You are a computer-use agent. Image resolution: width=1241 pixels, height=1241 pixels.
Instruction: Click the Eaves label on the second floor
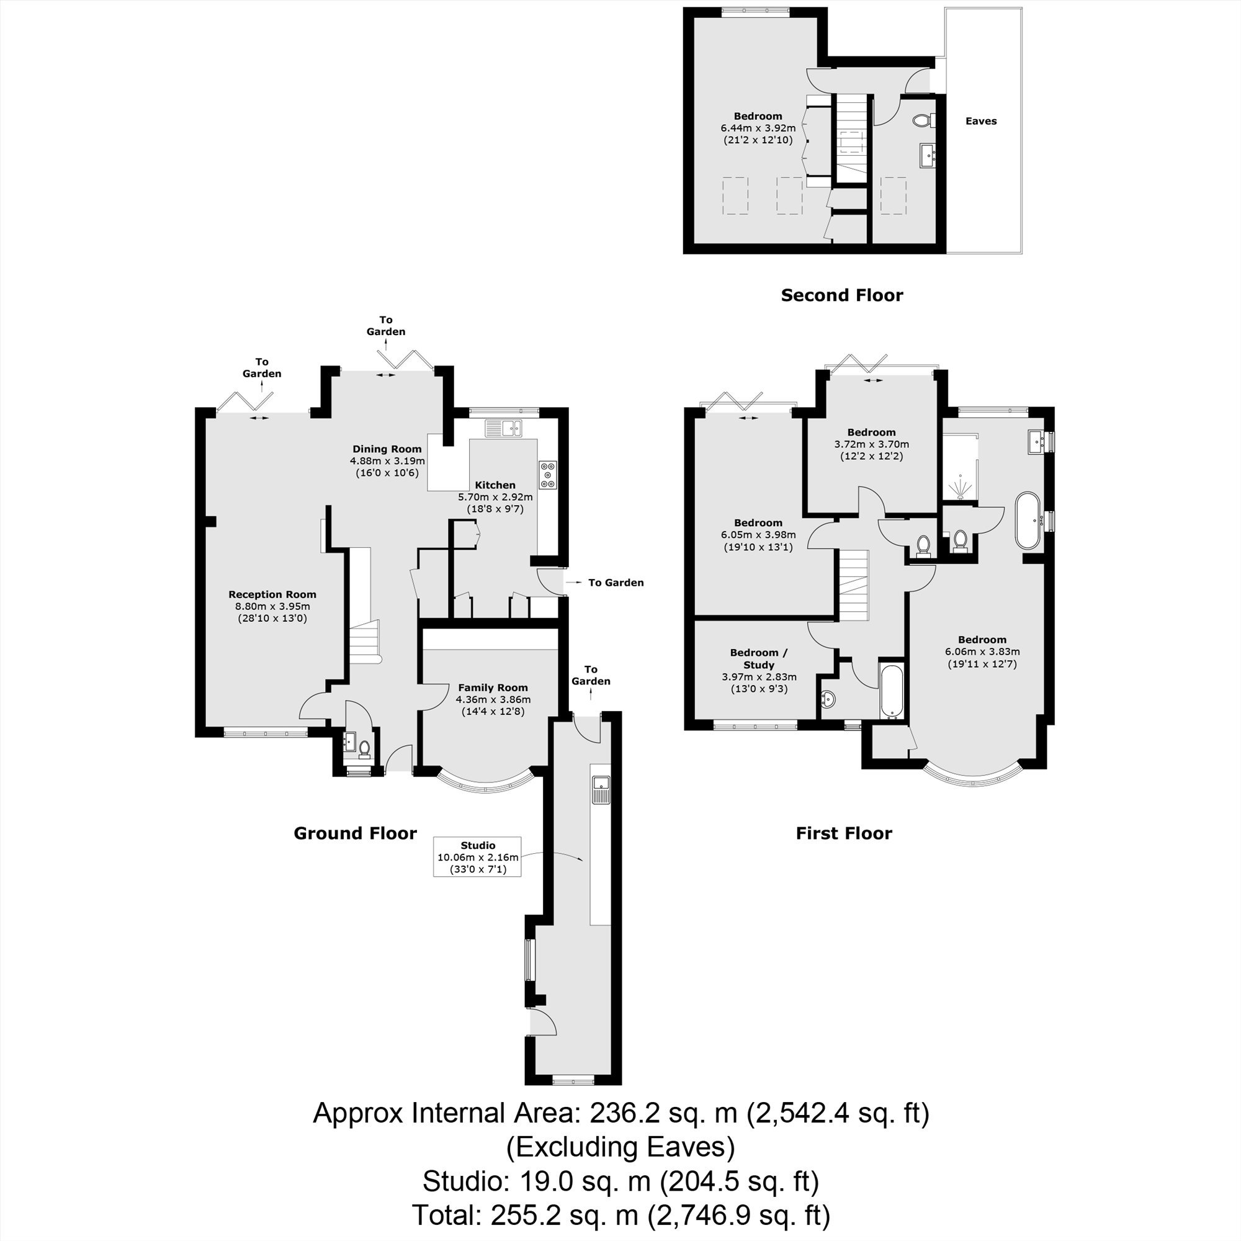(981, 121)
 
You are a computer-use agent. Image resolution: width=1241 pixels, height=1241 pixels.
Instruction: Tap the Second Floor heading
(841, 295)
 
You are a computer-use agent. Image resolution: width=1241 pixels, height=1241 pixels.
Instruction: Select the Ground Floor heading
(355, 833)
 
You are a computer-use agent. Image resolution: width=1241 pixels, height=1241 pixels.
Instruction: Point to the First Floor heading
(844, 833)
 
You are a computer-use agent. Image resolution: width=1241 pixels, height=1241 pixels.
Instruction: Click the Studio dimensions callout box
(478, 857)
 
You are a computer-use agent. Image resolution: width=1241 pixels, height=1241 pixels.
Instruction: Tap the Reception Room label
(272, 594)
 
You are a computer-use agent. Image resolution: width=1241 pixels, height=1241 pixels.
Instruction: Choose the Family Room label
(493, 688)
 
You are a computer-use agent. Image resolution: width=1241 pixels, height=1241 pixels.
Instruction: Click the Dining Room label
(387, 449)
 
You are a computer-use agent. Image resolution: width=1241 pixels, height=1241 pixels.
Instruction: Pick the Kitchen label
(495, 485)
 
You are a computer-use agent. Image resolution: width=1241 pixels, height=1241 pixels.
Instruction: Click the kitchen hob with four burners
(548, 475)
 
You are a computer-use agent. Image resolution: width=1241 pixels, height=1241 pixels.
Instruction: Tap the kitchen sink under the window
(504, 426)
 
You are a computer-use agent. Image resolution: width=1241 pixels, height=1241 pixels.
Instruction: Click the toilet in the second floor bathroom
(923, 120)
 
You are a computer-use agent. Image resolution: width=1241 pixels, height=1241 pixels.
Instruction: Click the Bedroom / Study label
(759, 658)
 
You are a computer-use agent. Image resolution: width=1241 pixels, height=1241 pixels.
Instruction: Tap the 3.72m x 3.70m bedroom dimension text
(872, 444)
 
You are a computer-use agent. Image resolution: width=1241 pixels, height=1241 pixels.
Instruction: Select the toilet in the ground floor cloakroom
(364, 748)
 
